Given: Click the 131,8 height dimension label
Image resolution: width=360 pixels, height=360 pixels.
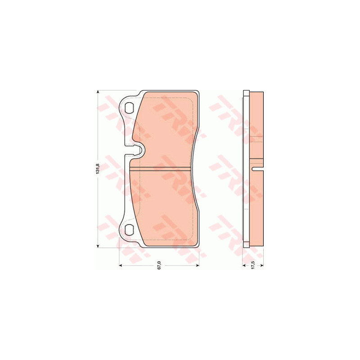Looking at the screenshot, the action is pyautogui.click(x=97, y=168).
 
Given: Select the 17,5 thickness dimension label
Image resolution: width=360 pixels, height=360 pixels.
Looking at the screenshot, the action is pyautogui.click(x=253, y=265).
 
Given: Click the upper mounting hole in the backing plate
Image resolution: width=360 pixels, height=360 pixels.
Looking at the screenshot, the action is pyautogui.click(x=130, y=107).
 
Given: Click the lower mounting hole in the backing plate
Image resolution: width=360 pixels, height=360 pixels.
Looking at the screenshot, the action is pyautogui.click(x=130, y=230).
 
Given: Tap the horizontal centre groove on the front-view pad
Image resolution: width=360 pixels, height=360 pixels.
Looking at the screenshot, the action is pyautogui.click(x=160, y=169).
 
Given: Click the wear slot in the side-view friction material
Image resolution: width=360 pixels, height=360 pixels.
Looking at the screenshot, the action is pyautogui.click(x=257, y=169).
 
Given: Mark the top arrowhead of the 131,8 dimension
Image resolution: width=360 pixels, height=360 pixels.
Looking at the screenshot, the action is pyautogui.click(x=98, y=92).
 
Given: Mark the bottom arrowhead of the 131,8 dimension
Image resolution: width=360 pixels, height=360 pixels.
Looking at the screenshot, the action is pyautogui.click(x=98, y=246).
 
